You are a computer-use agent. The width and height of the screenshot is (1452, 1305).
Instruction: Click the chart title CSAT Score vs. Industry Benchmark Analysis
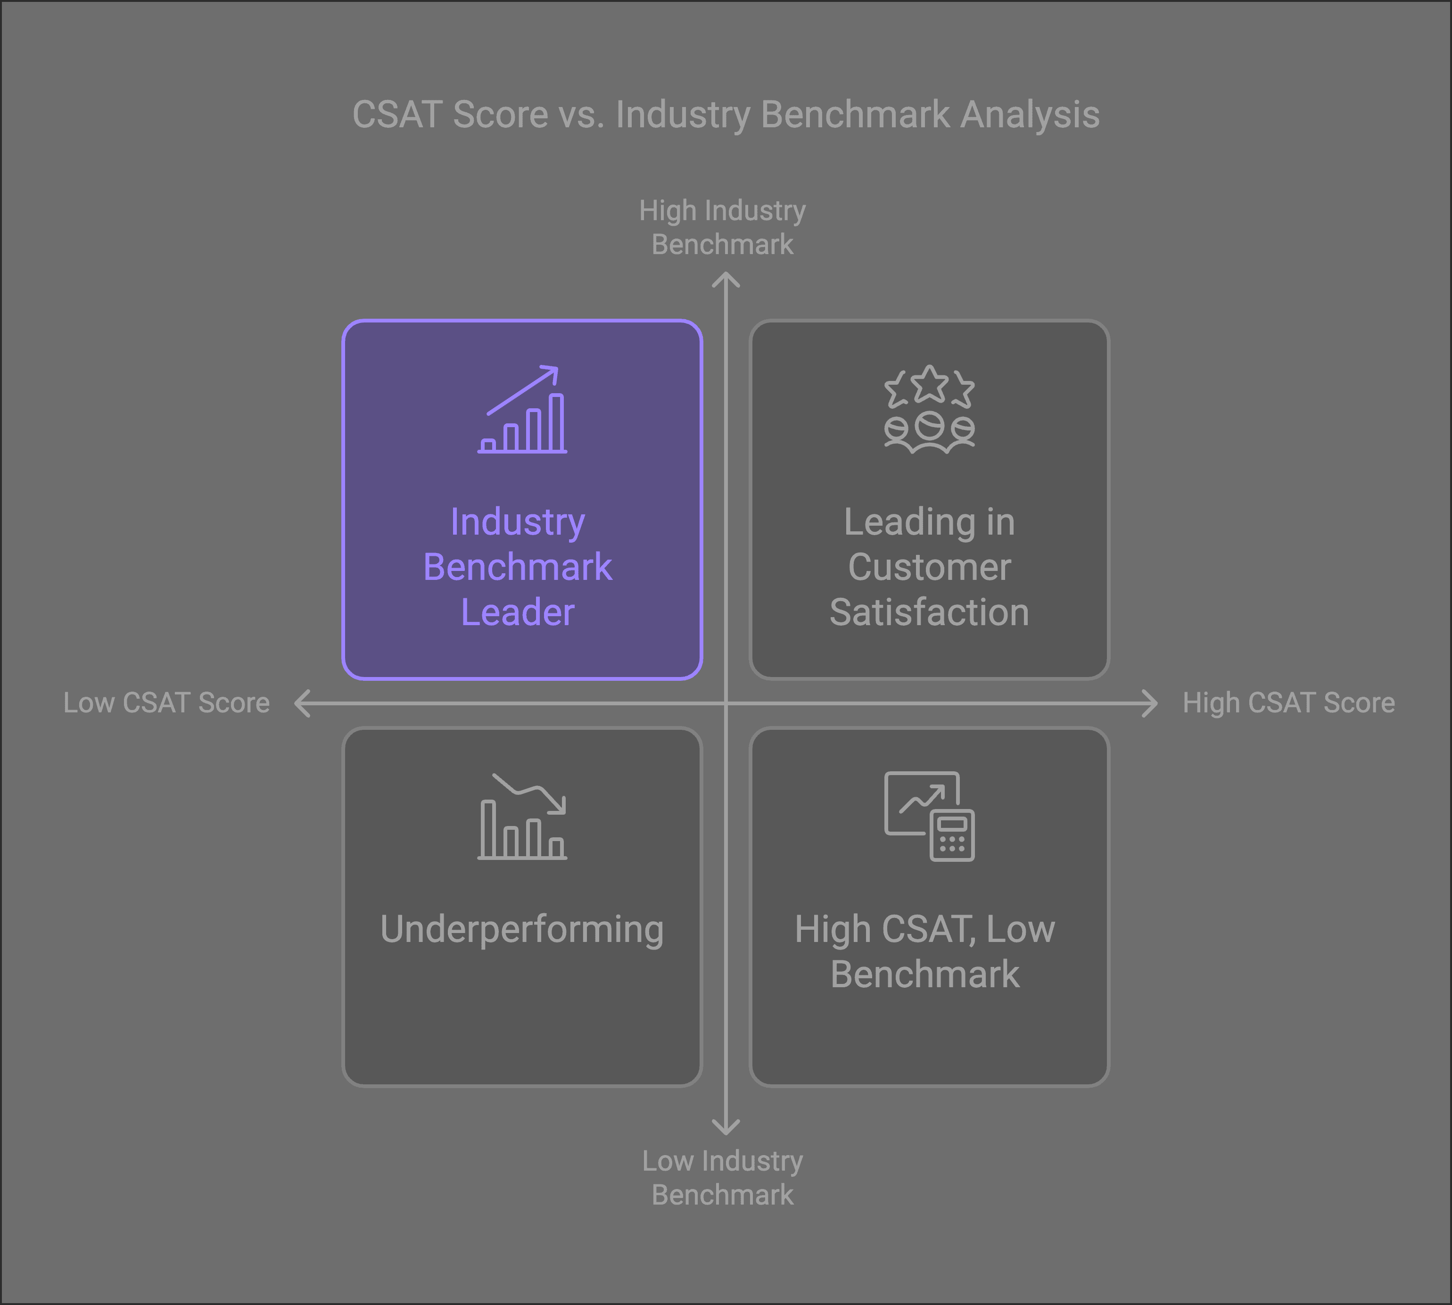coord(726,115)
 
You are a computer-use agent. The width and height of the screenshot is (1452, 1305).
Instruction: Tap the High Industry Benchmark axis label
coord(722,227)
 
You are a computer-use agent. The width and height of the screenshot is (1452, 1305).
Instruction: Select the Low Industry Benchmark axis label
coord(722,1177)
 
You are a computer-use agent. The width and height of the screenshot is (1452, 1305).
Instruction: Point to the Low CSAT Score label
coord(166,702)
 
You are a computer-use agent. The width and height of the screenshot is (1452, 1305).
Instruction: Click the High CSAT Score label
coord(1288,702)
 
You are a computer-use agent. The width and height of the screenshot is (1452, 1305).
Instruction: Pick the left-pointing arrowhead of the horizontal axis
coord(302,703)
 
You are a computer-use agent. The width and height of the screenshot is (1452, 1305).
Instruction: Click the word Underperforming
coord(522,929)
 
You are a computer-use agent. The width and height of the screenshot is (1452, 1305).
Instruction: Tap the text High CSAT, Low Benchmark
coord(925,951)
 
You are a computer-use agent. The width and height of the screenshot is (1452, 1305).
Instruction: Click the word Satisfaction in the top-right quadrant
coord(929,612)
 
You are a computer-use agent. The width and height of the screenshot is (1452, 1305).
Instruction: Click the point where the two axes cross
coord(726,703)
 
